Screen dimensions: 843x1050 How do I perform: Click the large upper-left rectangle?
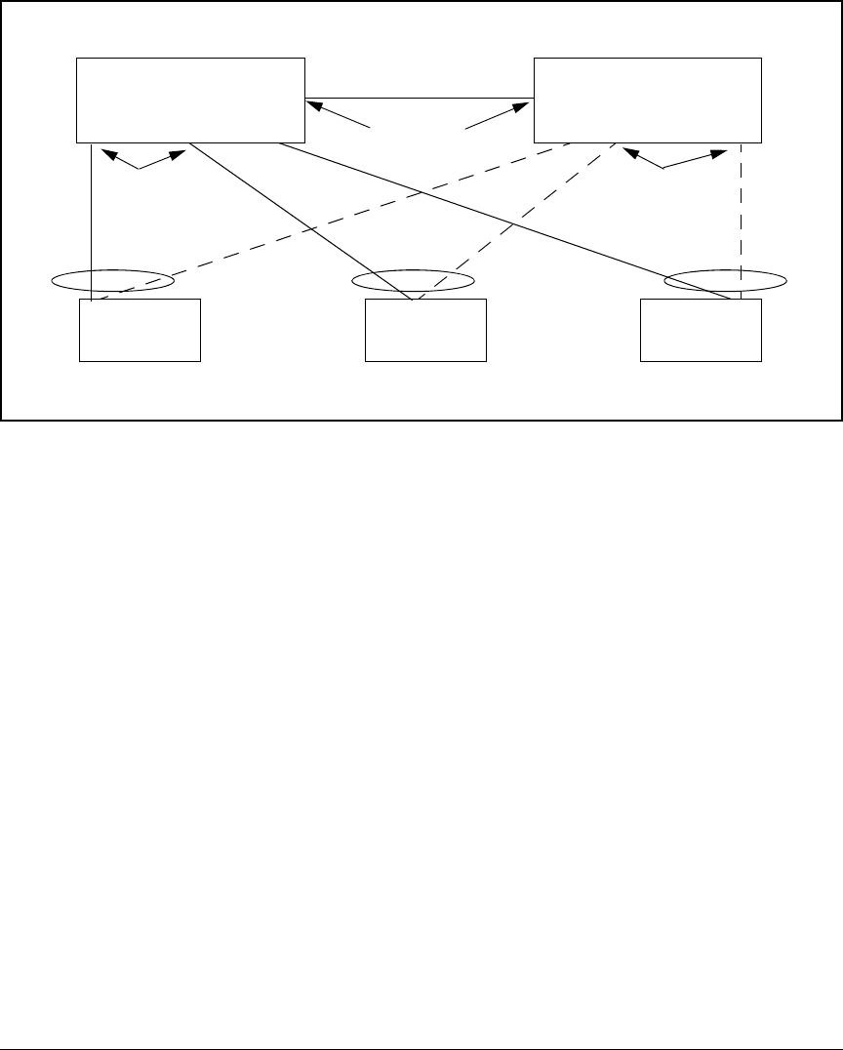(190, 100)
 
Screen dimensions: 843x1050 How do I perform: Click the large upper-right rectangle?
(647, 100)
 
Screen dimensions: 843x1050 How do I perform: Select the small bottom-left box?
(140, 331)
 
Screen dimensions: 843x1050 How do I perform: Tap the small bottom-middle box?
(425, 331)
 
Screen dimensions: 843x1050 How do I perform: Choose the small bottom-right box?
(701, 331)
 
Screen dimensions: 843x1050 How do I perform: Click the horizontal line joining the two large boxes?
(420, 99)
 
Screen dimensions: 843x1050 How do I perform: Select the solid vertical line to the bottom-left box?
(91, 215)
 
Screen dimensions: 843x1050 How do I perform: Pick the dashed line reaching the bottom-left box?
(293, 230)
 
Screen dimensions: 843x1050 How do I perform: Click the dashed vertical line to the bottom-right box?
(741, 215)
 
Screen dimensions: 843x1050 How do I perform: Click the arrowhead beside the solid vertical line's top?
(106, 153)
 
